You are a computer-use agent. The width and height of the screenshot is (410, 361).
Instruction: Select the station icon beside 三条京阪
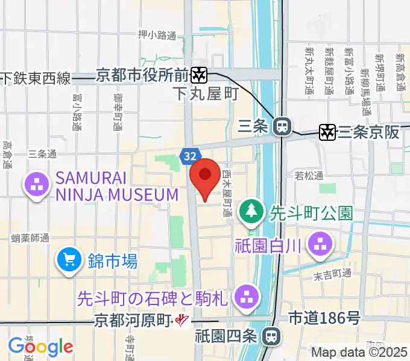(x=328, y=132)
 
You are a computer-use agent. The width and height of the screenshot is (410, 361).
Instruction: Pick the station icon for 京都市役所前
(x=199, y=75)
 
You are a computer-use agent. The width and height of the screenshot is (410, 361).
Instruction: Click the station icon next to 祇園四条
(x=274, y=336)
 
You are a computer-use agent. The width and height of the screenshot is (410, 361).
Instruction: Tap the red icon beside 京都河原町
(x=181, y=321)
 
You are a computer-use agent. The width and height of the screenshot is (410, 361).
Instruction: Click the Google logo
(x=40, y=347)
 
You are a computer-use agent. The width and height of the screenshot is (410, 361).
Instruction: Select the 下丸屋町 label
(x=206, y=94)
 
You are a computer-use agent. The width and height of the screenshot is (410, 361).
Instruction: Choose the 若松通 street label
(x=309, y=176)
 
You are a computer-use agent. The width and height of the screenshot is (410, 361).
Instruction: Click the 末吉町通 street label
(x=332, y=274)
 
